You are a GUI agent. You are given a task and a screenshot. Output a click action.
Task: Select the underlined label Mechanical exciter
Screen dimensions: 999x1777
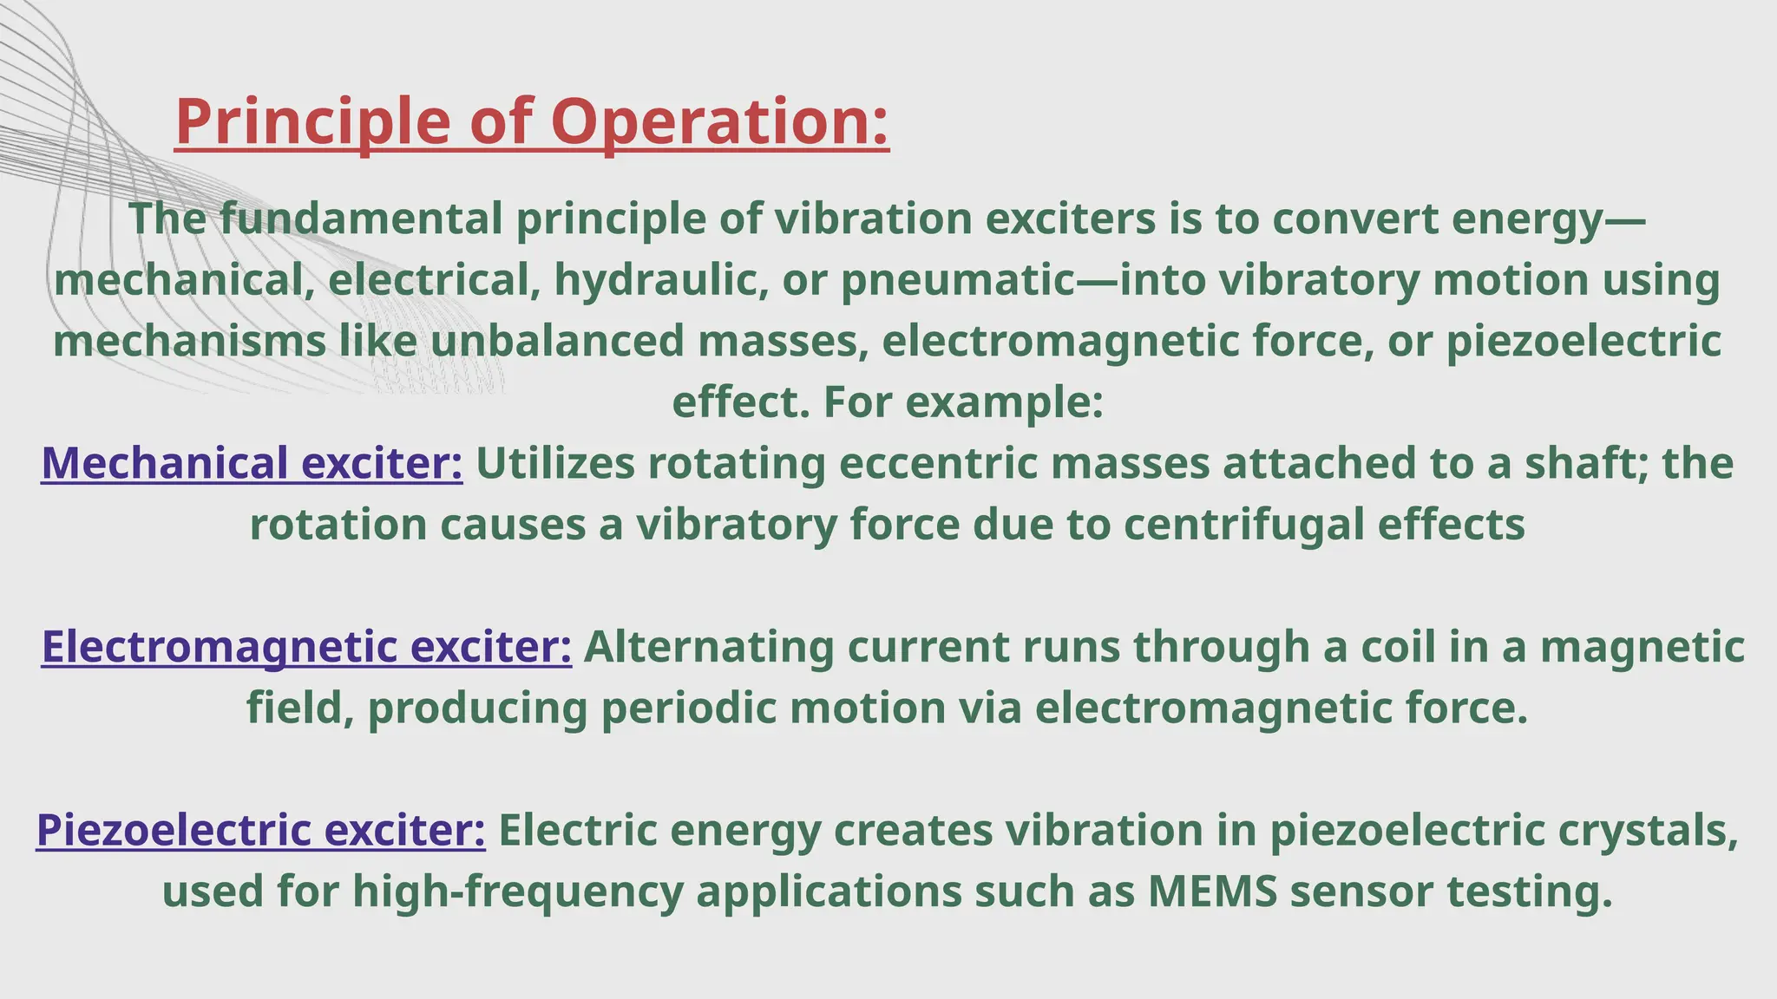click(252, 463)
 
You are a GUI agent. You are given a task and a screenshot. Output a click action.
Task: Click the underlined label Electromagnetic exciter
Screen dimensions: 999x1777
click(306, 647)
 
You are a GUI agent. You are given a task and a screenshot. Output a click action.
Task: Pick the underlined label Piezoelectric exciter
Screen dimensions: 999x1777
click(260, 830)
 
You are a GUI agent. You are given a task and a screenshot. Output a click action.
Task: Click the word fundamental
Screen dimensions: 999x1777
click(360, 219)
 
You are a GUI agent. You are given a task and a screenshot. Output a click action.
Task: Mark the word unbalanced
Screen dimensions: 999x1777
click(556, 341)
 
